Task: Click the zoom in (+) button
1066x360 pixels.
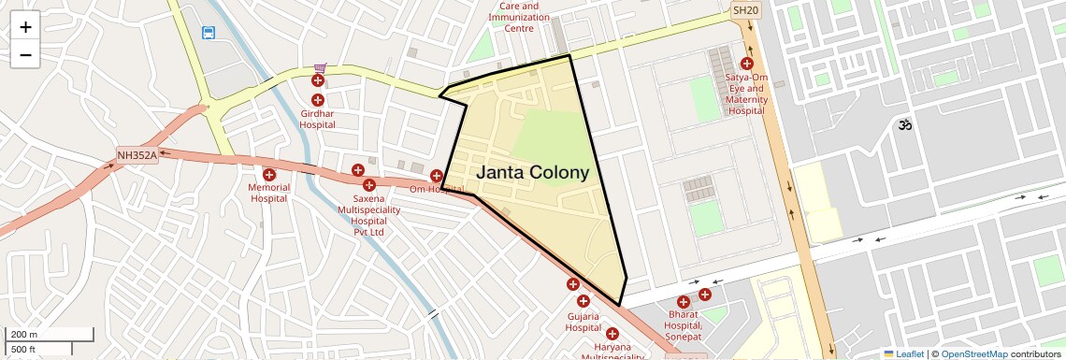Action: [x=25, y=27]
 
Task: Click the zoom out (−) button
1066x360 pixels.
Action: [x=25, y=54]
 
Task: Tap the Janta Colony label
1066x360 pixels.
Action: [x=533, y=173]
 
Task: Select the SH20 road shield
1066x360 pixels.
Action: [x=745, y=10]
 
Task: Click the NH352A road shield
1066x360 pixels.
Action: [x=137, y=155]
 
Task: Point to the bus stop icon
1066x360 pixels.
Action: [x=208, y=33]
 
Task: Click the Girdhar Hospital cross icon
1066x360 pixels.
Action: [x=318, y=100]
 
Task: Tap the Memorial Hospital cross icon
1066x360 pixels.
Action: [x=269, y=175]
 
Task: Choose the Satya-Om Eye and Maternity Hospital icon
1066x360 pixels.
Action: [x=746, y=64]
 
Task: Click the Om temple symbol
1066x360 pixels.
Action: [x=904, y=123]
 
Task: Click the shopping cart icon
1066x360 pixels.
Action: [x=320, y=68]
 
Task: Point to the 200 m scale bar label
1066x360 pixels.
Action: [x=24, y=335]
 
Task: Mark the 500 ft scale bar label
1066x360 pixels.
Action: [x=23, y=350]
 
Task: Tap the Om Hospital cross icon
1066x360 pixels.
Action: [x=437, y=176]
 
